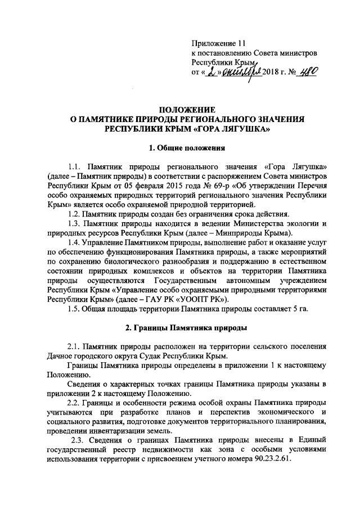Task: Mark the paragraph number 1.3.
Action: (x=74, y=224)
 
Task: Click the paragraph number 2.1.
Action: (x=74, y=346)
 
